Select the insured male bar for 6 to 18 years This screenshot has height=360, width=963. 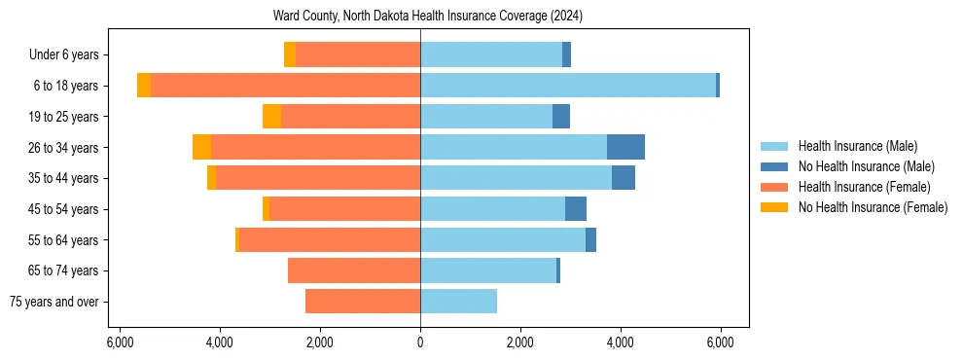568,86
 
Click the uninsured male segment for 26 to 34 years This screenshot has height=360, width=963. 625,147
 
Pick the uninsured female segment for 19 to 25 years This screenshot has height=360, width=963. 271,117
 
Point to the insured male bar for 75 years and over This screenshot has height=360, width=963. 458,302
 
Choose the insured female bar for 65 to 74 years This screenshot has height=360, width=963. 354,270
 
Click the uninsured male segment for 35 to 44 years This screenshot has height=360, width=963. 624,178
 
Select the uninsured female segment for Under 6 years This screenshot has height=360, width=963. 290,55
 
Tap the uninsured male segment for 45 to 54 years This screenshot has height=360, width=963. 576,209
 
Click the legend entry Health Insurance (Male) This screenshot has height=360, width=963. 857,146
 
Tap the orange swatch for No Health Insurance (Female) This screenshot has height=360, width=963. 774,207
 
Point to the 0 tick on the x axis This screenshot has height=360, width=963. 420,342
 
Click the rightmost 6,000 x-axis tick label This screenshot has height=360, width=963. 720,342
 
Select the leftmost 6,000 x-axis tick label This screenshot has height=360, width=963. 120,342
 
